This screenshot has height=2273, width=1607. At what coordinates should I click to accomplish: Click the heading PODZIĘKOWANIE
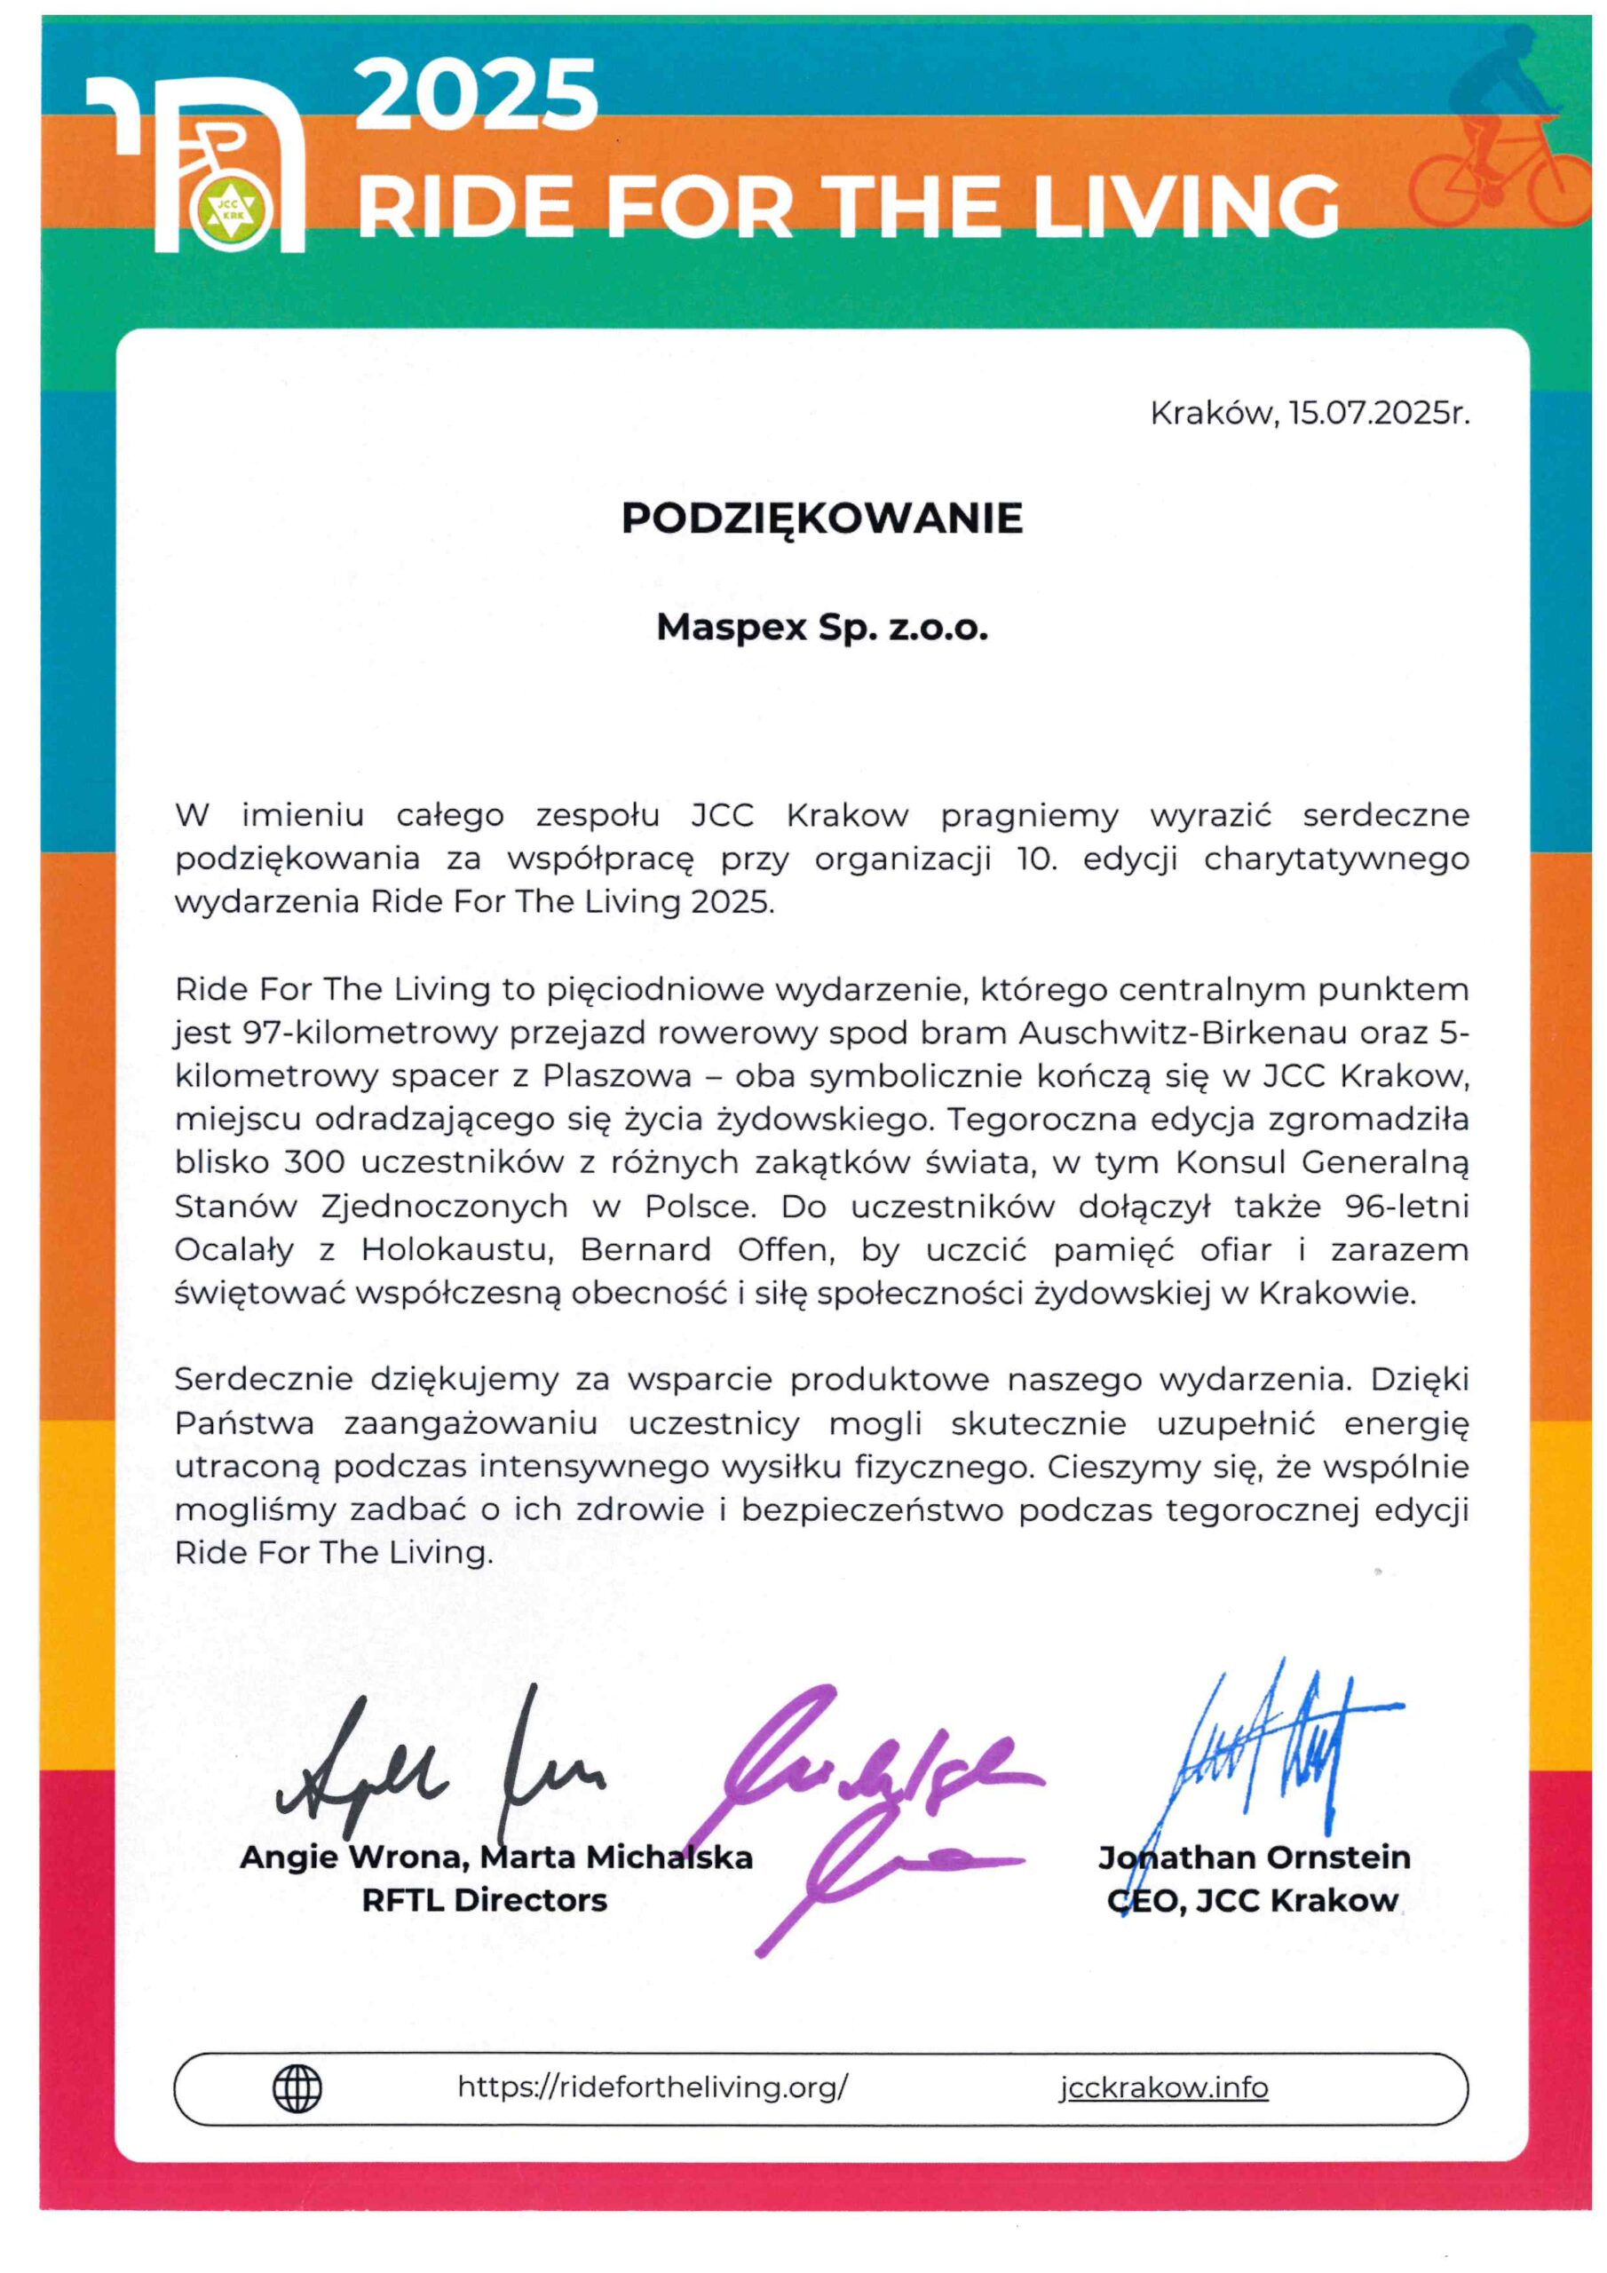822,519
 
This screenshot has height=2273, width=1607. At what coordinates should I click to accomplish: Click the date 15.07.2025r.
1378,413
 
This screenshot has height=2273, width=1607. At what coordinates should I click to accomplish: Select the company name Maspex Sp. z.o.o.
822,628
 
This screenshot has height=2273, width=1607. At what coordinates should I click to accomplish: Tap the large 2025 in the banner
476,96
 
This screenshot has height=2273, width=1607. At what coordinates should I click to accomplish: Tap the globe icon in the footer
297,2089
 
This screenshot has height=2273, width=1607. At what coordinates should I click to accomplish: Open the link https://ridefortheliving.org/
653,2087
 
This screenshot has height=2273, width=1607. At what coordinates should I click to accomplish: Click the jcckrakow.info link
1163,2087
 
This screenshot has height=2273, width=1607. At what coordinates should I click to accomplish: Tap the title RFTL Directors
484,1901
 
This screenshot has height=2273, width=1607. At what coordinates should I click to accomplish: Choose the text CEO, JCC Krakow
1253,1901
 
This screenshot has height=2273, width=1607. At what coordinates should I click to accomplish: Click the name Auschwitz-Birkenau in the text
1183,1034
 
